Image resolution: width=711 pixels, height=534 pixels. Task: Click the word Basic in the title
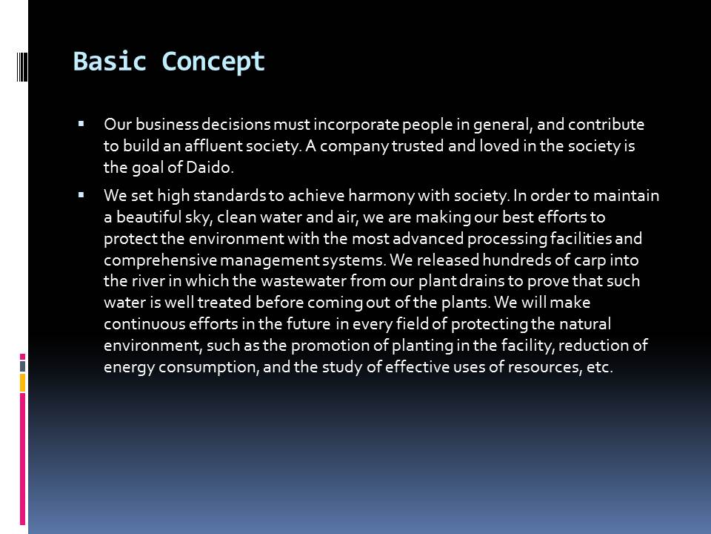[110, 61]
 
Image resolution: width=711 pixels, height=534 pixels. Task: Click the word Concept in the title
[213, 62]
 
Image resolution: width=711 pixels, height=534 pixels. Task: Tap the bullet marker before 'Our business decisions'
[81, 124]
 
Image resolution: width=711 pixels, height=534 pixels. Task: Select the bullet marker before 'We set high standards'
[81, 195]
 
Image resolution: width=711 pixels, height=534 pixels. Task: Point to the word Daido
[210, 167]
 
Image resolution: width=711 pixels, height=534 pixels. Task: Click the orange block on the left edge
[22, 383]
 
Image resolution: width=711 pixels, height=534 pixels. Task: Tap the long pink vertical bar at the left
[22, 459]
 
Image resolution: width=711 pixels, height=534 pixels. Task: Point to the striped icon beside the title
[22, 66]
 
